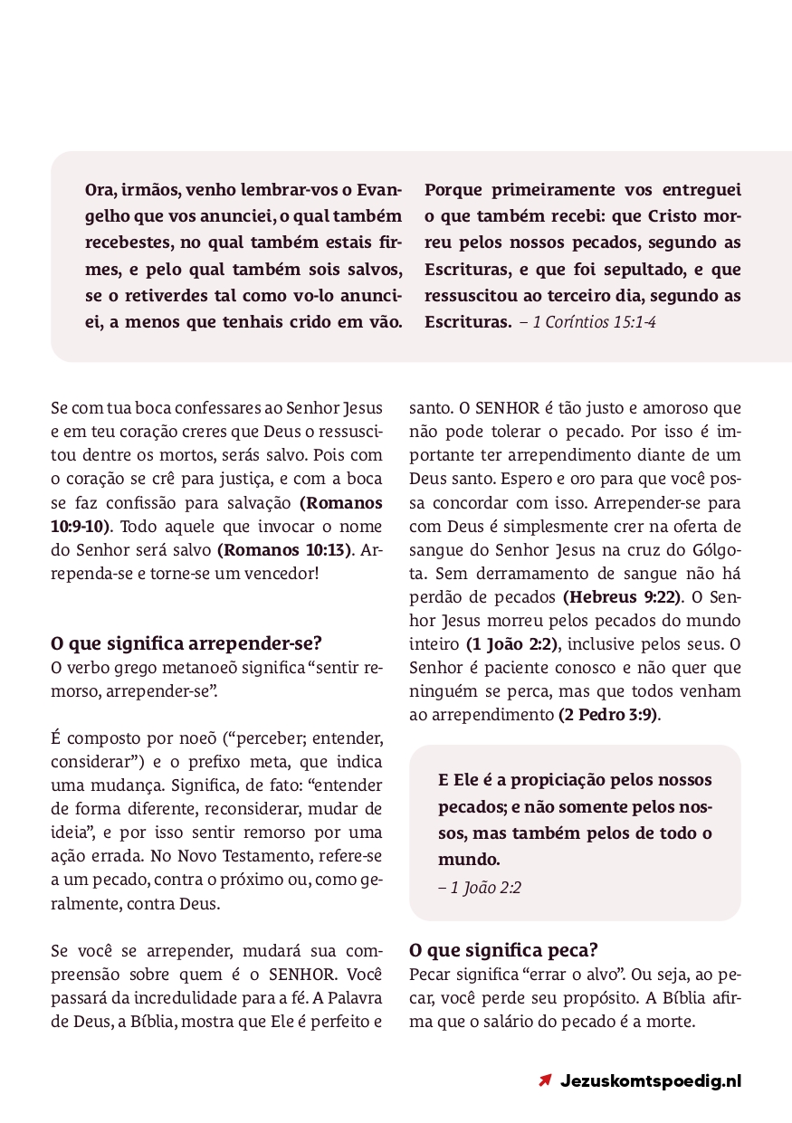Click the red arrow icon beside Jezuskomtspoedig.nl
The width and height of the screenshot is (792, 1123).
[x=545, y=1080]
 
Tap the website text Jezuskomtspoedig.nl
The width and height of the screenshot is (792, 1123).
[x=651, y=1080]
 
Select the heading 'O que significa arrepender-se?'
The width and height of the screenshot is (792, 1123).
[x=186, y=644]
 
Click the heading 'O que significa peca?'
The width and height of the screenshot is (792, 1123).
[x=503, y=950]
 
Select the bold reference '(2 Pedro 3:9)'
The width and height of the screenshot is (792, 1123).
[x=609, y=714]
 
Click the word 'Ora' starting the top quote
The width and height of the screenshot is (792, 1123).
[x=100, y=191]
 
